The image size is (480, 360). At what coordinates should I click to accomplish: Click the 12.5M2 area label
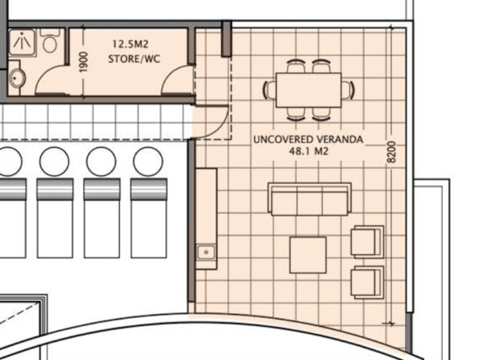point(131,44)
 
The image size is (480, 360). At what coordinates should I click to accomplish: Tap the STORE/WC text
point(134,58)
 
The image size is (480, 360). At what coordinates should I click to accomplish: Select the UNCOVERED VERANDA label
point(308,140)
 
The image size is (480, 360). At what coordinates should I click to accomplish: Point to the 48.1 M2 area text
point(308,151)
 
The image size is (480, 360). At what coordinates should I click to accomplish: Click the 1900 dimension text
point(83,62)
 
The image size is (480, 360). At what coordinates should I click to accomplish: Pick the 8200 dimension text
point(391,152)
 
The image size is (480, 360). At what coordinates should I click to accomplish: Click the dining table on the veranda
point(308,90)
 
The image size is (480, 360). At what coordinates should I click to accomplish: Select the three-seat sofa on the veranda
point(310,199)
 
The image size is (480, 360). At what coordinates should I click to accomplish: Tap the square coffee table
point(308,255)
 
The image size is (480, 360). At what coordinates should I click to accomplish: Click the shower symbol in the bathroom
point(21,43)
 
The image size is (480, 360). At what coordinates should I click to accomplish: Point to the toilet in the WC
point(49,42)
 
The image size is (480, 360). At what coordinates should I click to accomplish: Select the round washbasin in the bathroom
point(15,77)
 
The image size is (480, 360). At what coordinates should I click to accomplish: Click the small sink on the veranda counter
point(206,252)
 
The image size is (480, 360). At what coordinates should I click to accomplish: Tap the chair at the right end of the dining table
point(348,90)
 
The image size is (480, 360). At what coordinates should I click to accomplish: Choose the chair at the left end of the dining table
point(270,90)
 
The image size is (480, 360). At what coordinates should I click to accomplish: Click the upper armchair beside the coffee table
point(367,242)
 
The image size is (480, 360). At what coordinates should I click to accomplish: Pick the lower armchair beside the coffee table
point(367,282)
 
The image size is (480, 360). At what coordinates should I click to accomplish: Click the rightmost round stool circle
point(148,161)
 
